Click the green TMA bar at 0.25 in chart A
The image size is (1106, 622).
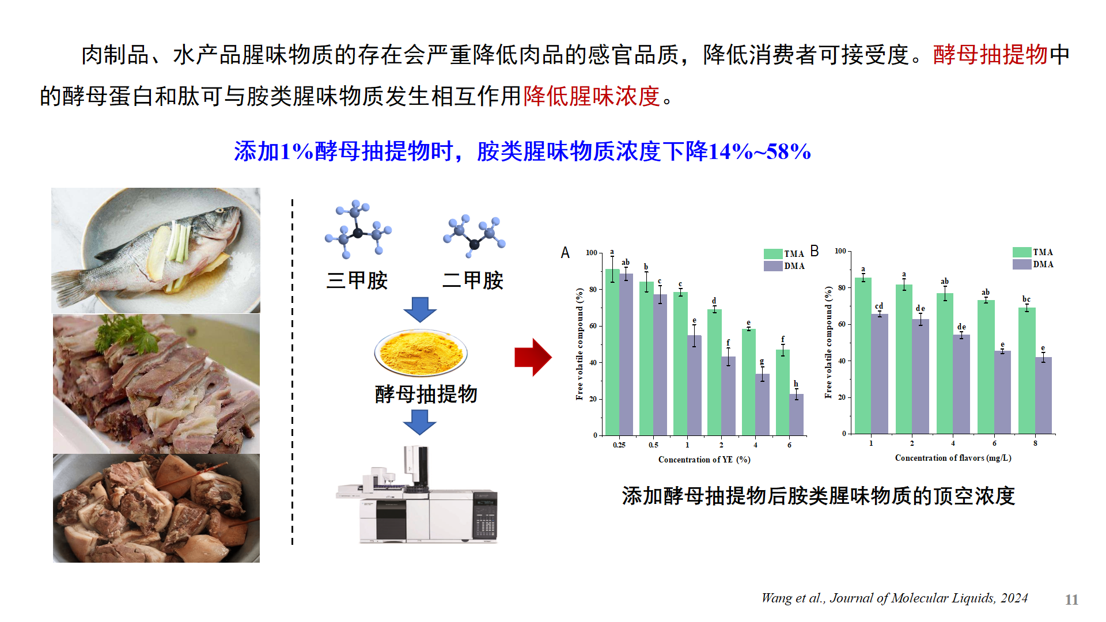click(612, 352)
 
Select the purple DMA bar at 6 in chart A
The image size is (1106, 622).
click(796, 415)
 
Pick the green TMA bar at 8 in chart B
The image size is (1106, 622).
click(1027, 370)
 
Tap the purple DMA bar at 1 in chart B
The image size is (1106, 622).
click(880, 374)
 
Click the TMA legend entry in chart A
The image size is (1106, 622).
click(784, 253)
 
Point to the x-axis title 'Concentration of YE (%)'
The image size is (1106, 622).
click(704, 460)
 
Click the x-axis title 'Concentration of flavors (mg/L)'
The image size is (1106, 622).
click(953, 458)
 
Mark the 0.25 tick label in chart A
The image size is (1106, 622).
click(619, 445)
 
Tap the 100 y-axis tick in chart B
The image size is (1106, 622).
click(840, 251)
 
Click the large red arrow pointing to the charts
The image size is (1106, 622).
click(533, 357)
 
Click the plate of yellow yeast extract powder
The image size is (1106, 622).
click(421, 352)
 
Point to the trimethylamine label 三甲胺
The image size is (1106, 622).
click(357, 280)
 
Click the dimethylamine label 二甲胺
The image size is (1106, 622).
click(473, 280)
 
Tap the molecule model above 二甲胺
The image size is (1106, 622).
click(474, 236)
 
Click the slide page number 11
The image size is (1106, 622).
click(1071, 600)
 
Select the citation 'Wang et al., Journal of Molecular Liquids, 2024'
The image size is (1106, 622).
click(895, 598)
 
